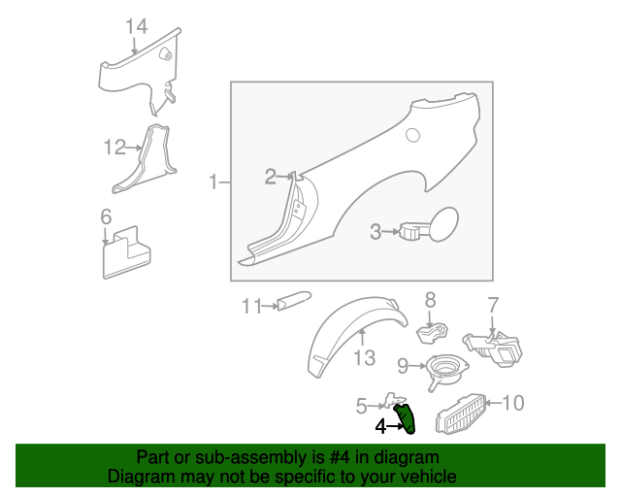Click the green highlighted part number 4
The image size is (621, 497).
click(x=406, y=419)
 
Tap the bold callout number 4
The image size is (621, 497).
click(x=380, y=427)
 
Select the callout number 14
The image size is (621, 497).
click(x=136, y=26)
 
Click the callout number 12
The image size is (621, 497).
click(x=114, y=147)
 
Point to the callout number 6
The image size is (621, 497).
click(x=106, y=216)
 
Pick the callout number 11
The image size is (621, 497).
click(x=251, y=307)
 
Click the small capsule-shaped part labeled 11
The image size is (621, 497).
click(x=294, y=300)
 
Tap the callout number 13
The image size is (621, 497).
click(x=364, y=358)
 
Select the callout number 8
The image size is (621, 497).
click(x=430, y=300)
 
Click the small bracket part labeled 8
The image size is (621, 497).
click(x=432, y=332)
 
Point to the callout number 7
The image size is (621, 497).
click(x=493, y=306)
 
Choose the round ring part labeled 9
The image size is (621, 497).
click(x=446, y=370)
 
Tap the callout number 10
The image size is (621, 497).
click(x=513, y=403)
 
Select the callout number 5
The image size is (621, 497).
click(x=361, y=407)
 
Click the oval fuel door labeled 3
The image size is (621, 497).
click(x=443, y=224)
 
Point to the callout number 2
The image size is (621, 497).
click(x=270, y=177)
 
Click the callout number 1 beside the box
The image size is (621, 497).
click(x=213, y=182)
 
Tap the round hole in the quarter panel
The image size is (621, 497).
click(x=412, y=135)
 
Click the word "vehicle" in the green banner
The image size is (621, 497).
click(x=431, y=476)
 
